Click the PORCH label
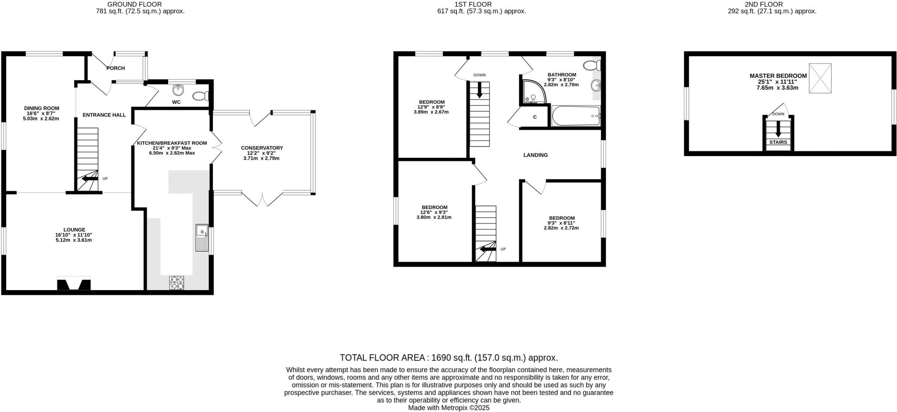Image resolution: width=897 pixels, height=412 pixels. pyautogui.click(x=116, y=68)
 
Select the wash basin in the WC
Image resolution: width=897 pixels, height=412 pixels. pyautogui.click(x=179, y=91)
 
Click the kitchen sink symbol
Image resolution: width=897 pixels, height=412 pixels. pyautogui.click(x=202, y=238)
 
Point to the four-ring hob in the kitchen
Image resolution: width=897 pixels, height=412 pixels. pyautogui.click(x=177, y=283)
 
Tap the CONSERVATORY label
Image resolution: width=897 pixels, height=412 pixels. pyautogui.click(x=262, y=148)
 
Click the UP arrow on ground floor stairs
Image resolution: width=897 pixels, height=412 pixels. pyautogui.click(x=90, y=178)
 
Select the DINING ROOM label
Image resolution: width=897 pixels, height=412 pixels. pyautogui.click(x=42, y=108)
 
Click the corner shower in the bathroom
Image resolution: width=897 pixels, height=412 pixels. pyautogui.click(x=532, y=92)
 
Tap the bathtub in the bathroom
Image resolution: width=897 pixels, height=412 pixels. pyautogui.click(x=576, y=116)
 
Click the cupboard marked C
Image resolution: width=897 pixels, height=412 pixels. pyautogui.click(x=535, y=117)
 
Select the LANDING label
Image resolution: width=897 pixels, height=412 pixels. pyautogui.click(x=536, y=155)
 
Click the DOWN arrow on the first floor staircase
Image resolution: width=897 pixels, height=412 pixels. pyautogui.click(x=480, y=90)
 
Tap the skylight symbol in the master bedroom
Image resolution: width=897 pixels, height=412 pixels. pyautogui.click(x=820, y=78)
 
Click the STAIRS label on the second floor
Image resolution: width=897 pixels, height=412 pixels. pyautogui.click(x=778, y=142)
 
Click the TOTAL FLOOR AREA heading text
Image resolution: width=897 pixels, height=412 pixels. pyautogui.click(x=448, y=358)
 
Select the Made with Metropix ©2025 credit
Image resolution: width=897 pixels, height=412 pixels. pyautogui.click(x=448, y=408)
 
